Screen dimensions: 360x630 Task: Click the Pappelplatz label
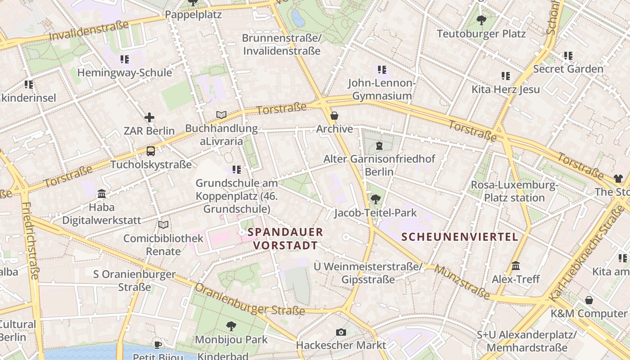click(193, 14)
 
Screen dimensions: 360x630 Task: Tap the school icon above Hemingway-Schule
click(125, 59)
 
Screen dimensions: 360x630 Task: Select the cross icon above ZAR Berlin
click(149, 118)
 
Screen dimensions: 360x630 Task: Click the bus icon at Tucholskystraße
click(151, 151)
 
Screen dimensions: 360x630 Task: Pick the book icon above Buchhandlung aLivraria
click(221, 115)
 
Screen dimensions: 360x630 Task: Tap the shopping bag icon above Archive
click(334, 116)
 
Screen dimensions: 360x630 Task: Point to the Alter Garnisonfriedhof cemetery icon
click(379, 145)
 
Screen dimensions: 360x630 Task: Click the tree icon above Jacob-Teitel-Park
click(375, 199)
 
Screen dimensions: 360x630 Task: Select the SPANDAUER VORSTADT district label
click(285, 238)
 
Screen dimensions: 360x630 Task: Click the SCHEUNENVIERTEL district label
click(460, 237)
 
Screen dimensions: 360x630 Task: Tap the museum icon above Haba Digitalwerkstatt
click(102, 194)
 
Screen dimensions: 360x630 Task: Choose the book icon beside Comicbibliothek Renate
click(164, 225)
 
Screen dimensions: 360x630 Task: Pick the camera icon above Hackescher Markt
click(341, 332)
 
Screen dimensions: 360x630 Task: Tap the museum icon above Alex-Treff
click(516, 266)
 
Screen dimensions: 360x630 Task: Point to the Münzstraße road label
click(462, 282)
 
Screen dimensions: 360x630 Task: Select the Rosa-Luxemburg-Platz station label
click(514, 191)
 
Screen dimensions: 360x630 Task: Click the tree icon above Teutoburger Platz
click(481, 20)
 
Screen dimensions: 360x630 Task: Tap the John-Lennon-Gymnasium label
click(382, 89)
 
